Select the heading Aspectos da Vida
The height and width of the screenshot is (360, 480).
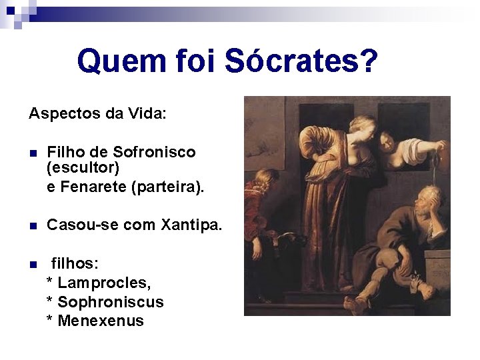click(97, 113)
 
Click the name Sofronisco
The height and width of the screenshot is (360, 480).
click(155, 152)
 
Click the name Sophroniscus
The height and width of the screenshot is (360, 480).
click(111, 302)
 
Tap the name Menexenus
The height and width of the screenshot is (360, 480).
click(101, 321)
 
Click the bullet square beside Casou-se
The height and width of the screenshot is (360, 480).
click(33, 226)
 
